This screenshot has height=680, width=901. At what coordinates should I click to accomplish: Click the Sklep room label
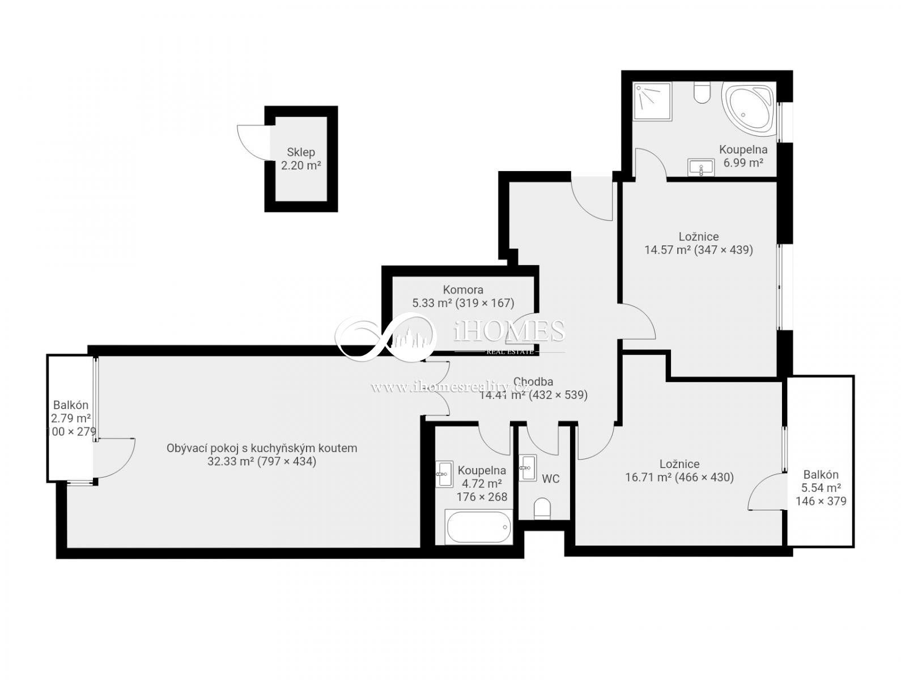(301, 152)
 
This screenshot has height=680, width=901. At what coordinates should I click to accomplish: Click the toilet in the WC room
(542, 508)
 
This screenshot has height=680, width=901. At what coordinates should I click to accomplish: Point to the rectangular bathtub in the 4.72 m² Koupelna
(479, 528)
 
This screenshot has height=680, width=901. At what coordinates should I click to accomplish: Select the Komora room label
(463, 290)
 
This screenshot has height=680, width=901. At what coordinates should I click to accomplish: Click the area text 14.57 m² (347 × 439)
(699, 250)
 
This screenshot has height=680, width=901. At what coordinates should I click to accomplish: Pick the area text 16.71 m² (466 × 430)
(679, 477)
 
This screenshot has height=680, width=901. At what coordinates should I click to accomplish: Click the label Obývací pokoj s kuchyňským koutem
(262, 448)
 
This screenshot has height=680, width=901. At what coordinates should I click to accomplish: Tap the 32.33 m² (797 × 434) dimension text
(262, 461)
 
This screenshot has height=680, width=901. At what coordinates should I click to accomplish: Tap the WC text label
(550, 479)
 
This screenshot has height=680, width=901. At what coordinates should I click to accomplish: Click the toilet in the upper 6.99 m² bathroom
(702, 93)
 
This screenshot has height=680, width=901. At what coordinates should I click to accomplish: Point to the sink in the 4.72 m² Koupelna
(444, 473)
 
